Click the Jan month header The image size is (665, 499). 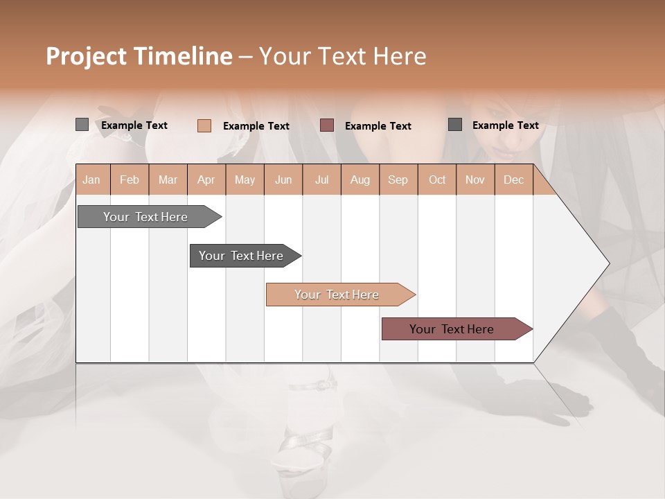pos(91,180)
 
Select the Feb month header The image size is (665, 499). pos(130,180)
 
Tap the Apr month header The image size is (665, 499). pos(206,180)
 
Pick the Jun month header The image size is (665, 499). pos(283,180)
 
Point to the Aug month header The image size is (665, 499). pos(360,180)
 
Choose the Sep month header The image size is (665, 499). pos(398,180)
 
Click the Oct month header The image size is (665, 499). pos(437,180)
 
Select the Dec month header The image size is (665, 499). pos(513,180)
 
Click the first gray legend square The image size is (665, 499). pos(82,125)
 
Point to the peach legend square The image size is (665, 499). pos(204,125)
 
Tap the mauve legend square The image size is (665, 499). pos(327,125)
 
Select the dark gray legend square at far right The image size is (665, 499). pos(455,125)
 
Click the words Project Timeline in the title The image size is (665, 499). pos(139,56)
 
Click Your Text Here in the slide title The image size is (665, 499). pos(342,56)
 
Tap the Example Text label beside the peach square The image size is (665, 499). pos(256,126)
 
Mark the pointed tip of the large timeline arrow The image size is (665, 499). pos(608,263)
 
